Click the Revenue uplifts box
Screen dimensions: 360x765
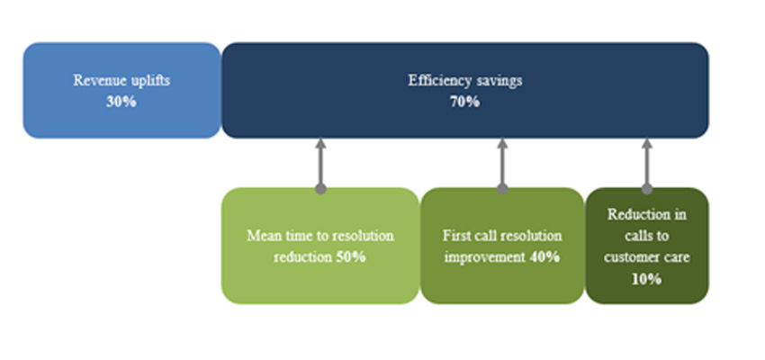pyautogui.click(x=121, y=90)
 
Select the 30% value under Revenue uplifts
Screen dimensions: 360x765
pyautogui.click(x=121, y=102)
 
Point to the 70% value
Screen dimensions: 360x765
pyautogui.click(x=464, y=102)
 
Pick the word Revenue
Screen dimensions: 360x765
pyautogui.click(x=95, y=80)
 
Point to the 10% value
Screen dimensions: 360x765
pyautogui.click(x=646, y=279)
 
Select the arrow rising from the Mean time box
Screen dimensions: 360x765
pyautogui.click(x=319, y=163)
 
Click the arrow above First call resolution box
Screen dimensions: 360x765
pyautogui.click(x=502, y=163)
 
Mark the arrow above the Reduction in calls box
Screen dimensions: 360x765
pyautogui.click(x=646, y=163)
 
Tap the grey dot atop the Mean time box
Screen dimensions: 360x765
pyautogui.click(x=319, y=189)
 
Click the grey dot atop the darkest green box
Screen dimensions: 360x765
pyautogui.click(x=646, y=189)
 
